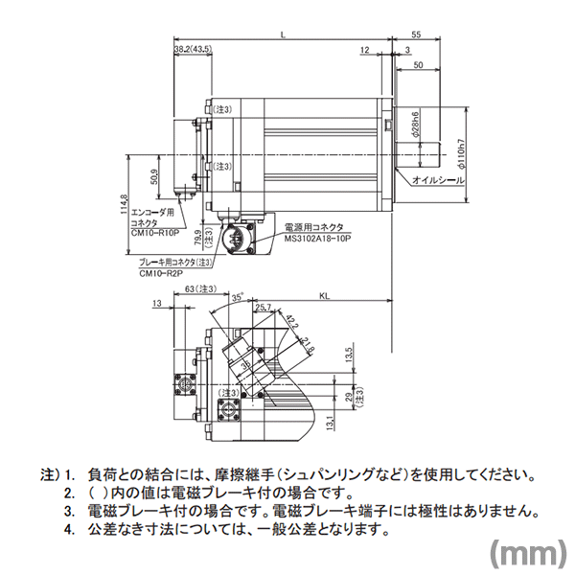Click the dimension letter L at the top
click(x=283, y=35)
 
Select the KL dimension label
click(x=325, y=296)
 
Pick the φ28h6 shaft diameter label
click(x=414, y=127)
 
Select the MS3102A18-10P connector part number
click(x=319, y=237)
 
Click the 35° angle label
click(x=237, y=298)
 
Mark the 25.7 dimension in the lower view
click(x=265, y=307)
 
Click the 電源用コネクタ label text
click(x=313, y=226)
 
